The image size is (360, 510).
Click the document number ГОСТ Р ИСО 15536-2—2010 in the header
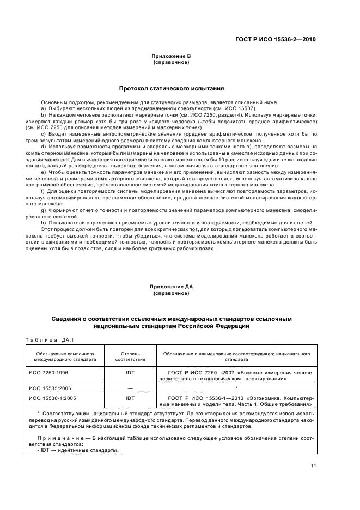[x=283, y=39]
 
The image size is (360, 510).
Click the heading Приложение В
[x=171, y=56]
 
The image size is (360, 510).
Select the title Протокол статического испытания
[x=172, y=88]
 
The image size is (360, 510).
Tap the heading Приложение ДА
[x=171, y=287]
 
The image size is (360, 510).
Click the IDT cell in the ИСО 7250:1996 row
[x=130, y=373]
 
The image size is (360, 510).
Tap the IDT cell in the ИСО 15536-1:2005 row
[x=130, y=398]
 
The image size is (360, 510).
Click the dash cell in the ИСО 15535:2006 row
[x=130, y=388]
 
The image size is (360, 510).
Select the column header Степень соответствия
[x=130, y=357]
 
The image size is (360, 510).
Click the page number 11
[x=313, y=465]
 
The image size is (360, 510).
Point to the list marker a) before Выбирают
[x=44, y=108]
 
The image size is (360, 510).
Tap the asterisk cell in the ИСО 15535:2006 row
[x=235, y=387]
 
